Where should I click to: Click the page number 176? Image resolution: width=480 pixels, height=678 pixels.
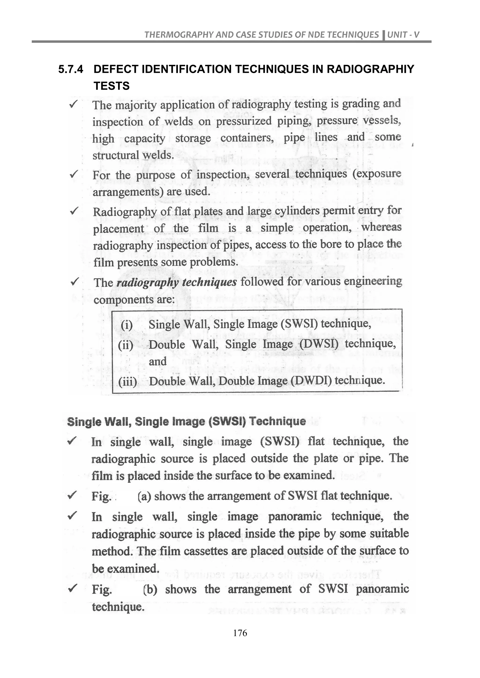(240, 633)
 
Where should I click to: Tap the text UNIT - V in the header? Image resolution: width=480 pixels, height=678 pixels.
(403, 35)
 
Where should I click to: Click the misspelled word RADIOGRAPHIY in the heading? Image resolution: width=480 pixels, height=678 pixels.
(370, 69)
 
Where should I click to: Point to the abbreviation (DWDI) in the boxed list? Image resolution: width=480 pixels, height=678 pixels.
(311, 381)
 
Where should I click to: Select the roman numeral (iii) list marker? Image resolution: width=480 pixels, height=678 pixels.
(127, 382)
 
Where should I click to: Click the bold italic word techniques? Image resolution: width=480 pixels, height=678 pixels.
(209, 282)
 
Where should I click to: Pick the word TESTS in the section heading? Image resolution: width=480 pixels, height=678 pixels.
(111, 86)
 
